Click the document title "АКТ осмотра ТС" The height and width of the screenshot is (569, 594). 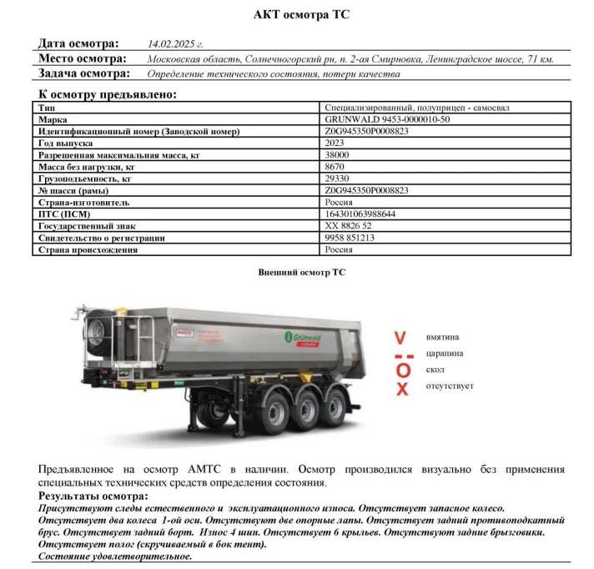[302, 15]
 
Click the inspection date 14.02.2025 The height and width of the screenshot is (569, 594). [175, 43]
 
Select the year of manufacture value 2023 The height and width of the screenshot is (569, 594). [336, 143]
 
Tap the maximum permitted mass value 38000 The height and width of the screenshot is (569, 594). [338, 155]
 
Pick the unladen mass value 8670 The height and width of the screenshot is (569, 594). [335, 167]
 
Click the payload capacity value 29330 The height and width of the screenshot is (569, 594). [338, 179]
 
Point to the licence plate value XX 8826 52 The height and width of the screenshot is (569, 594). [349, 226]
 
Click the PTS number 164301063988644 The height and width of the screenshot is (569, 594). [361, 214]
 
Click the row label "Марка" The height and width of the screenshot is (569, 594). [53, 119]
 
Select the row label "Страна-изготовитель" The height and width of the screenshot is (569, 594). [83, 203]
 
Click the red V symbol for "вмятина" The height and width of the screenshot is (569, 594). [400, 338]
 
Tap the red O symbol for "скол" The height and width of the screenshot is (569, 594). [403, 370]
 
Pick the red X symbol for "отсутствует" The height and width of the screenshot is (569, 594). [402, 389]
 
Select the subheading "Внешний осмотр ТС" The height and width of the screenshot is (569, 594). [301, 273]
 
